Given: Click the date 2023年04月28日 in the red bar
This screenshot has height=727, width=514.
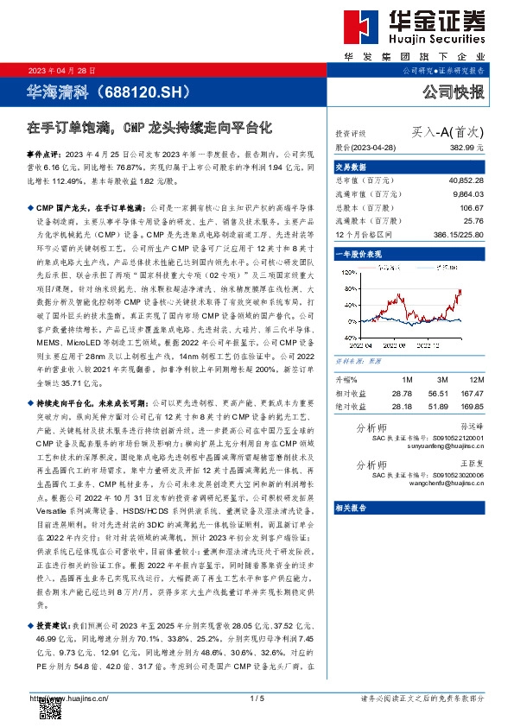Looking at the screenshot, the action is point(53,69).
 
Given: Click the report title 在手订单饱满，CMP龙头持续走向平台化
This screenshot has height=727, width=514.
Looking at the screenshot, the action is point(149,127).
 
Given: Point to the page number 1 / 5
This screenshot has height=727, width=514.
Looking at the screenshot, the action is point(257,698).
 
